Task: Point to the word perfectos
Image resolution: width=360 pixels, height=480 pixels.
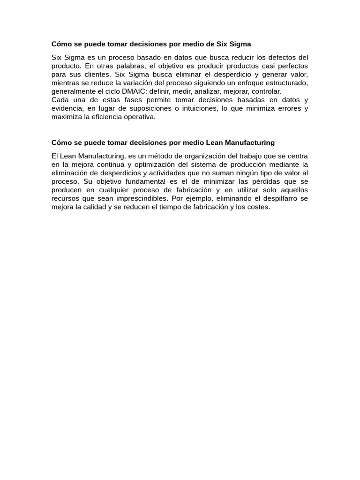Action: [290, 66]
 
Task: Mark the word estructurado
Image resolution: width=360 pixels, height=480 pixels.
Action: [285, 83]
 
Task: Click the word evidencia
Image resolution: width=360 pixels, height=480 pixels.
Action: [67, 108]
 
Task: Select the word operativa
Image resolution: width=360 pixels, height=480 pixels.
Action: [139, 117]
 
